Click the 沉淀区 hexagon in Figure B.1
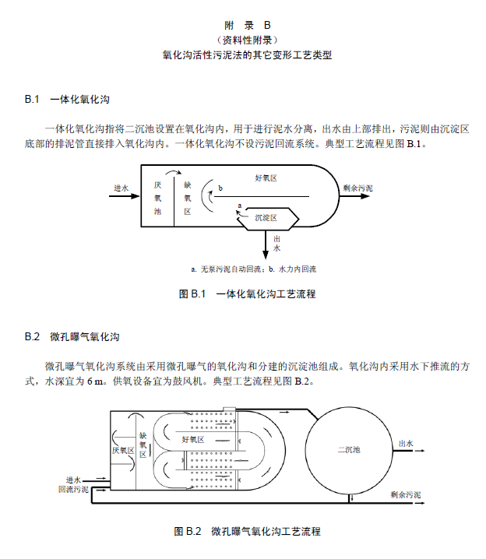266,218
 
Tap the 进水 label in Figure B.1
121,188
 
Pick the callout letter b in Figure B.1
220,188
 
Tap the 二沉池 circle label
349,449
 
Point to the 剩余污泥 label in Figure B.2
406,494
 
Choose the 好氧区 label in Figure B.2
192,440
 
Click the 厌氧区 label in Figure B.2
123,450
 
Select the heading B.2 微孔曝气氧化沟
72,337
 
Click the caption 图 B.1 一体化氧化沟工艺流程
247,294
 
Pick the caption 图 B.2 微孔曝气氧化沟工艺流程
247,532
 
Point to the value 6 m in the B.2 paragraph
95,381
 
